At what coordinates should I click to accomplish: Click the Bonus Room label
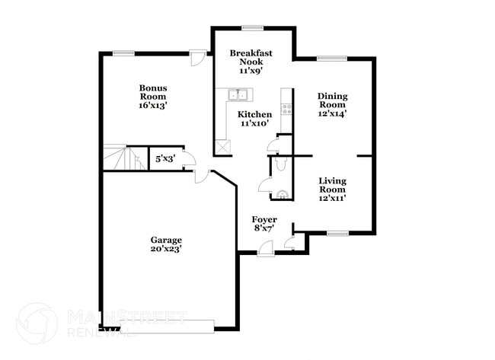click(x=153, y=92)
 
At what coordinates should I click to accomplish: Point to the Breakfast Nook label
click(x=251, y=58)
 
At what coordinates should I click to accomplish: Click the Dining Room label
click(x=333, y=100)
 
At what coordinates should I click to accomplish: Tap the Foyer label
click(x=263, y=219)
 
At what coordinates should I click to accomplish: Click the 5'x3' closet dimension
click(x=164, y=159)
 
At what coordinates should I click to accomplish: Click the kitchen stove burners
click(x=287, y=107)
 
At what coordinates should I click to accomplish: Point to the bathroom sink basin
click(x=283, y=194)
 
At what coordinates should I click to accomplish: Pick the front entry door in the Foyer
click(x=265, y=247)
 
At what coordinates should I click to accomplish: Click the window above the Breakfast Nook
click(x=252, y=29)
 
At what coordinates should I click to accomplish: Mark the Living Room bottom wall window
click(x=337, y=233)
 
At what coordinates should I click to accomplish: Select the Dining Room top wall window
click(x=333, y=58)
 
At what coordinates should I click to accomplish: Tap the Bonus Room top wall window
click(x=124, y=53)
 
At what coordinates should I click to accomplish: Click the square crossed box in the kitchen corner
click(x=222, y=147)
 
